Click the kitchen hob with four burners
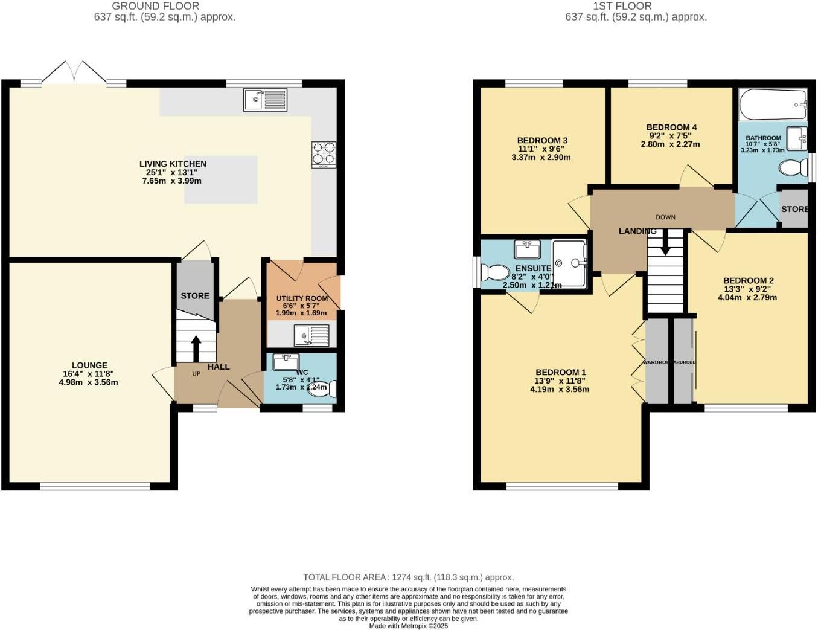(x=324, y=154)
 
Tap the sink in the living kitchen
(x=266, y=100)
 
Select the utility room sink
(x=311, y=335)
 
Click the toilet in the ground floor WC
(x=322, y=390)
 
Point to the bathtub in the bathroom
(x=773, y=105)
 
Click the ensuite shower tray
(x=569, y=263)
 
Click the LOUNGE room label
(x=89, y=365)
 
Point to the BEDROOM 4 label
(x=671, y=127)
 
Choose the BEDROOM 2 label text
(x=749, y=281)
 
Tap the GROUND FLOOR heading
(x=156, y=6)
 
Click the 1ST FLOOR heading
(x=622, y=6)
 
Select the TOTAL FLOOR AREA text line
(x=408, y=577)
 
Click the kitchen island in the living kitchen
(x=221, y=179)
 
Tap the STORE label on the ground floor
(x=195, y=296)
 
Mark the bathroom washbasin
(x=797, y=138)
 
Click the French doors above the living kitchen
(x=74, y=72)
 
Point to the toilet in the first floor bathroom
(x=791, y=167)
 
